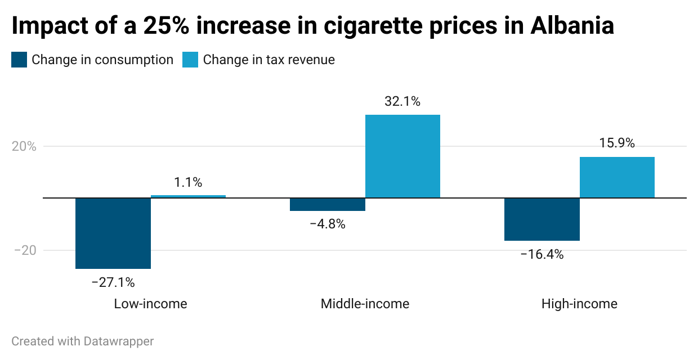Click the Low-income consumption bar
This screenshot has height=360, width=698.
pos(113,233)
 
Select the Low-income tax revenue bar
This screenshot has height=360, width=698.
pos(188,196)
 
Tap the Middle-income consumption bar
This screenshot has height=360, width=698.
pos(328,204)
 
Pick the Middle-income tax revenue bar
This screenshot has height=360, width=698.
pos(402,156)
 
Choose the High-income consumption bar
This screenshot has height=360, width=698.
pos(542,219)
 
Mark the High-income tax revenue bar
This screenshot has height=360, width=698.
pos(617,177)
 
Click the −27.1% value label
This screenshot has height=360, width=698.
pos(113,282)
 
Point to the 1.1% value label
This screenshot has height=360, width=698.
pos(188,182)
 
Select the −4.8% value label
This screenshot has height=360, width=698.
pos(328,224)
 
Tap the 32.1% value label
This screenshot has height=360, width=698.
pos(402,102)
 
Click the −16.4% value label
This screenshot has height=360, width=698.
pos(542,254)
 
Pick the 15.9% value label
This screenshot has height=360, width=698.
pos(617,143)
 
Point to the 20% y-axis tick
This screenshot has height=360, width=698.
pos(24,146)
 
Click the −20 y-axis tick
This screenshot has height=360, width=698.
pos(24,250)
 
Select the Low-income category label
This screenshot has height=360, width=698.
pos(150,304)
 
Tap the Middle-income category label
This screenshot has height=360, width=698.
pos(365,304)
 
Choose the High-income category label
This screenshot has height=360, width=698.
pos(579,304)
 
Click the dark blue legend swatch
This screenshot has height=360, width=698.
pos(19,60)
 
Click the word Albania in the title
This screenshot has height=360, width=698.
pos(572,26)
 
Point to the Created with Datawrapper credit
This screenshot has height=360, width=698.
pos(82,341)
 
